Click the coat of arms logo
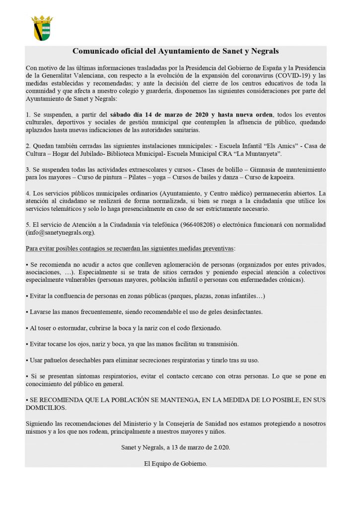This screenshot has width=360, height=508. (42, 28)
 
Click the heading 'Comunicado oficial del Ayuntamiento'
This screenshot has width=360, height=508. (176, 51)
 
